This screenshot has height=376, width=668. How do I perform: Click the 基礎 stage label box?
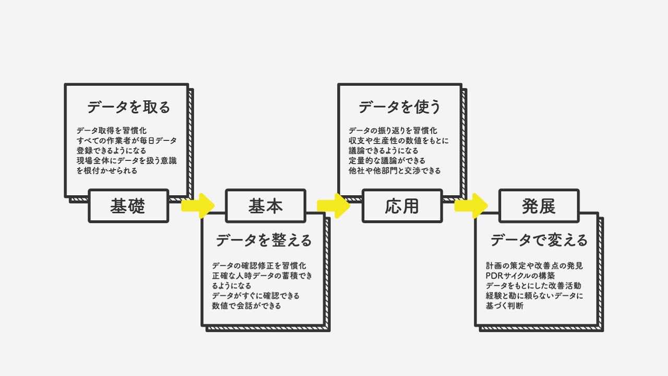point(128,206)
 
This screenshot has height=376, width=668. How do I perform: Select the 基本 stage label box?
point(265,206)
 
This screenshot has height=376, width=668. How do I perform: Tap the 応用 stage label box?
point(402,206)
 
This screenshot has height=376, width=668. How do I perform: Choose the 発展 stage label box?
point(539,206)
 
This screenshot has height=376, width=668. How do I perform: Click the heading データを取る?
point(128,108)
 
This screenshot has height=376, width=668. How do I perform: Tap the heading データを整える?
point(264,240)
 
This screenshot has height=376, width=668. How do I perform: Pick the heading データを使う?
point(400,108)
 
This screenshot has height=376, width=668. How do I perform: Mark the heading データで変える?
point(539,240)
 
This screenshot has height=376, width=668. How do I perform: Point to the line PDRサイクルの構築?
point(520,276)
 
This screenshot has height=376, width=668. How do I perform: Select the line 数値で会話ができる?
point(247,306)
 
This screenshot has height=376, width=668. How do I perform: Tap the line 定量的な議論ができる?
point(387,160)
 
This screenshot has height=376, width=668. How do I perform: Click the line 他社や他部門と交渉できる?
point(395,170)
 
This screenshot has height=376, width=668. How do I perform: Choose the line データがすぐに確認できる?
point(256,296)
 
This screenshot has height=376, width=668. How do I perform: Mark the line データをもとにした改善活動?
point(533,286)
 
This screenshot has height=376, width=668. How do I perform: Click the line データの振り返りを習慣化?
point(393,131)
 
